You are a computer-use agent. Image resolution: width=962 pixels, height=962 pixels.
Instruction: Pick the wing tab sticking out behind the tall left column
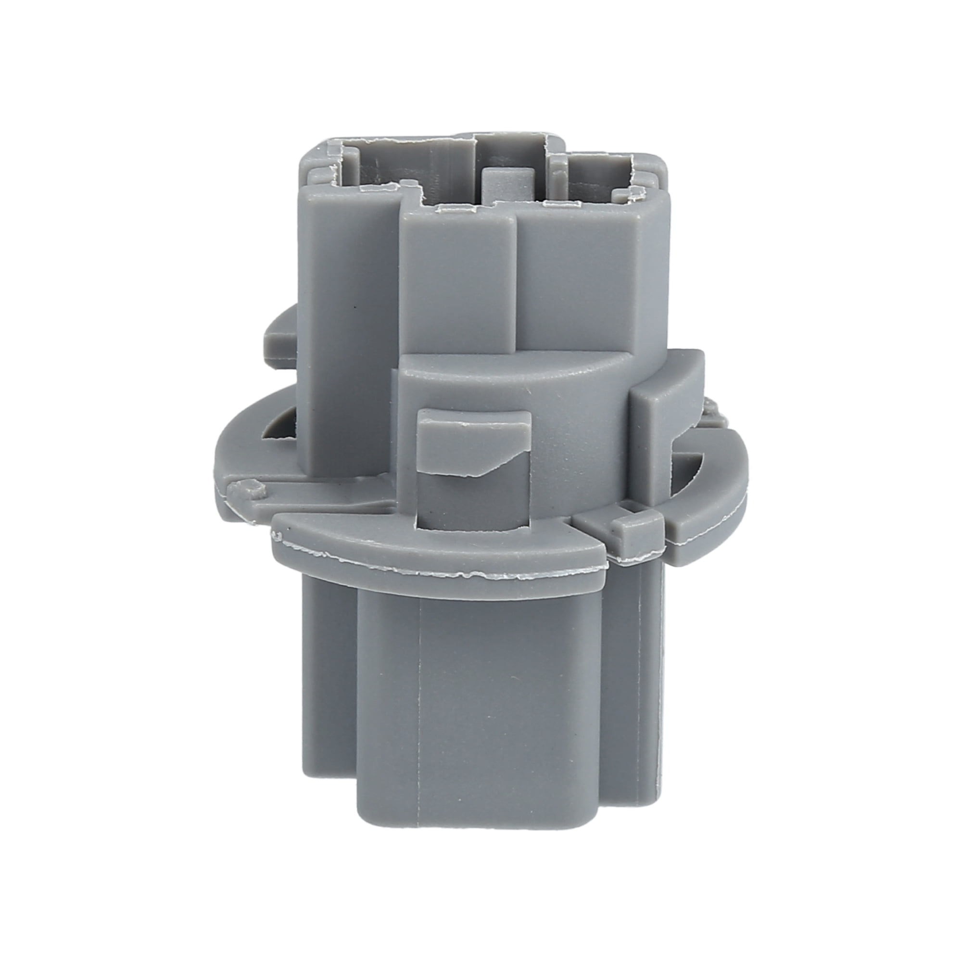[279, 339]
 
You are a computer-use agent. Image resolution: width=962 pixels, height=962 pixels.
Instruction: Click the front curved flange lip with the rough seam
[438, 557]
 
